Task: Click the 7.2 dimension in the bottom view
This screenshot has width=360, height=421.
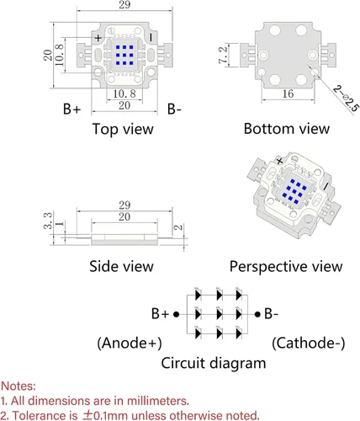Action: (x=223, y=55)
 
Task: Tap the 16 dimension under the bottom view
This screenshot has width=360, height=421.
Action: (x=288, y=93)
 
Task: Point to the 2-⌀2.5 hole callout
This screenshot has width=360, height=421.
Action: (x=347, y=99)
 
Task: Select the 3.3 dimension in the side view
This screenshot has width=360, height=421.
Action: (x=48, y=221)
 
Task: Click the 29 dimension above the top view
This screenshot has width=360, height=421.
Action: (x=124, y=5)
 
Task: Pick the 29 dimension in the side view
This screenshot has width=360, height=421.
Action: (x=124, y=205)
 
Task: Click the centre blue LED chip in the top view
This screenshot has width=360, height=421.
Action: (x=124, y=56)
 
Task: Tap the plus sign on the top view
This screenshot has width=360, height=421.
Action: (x=98, y=38)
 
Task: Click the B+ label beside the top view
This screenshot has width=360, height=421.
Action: (x=71, y=109)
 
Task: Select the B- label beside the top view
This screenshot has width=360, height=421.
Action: (x=174, y=109)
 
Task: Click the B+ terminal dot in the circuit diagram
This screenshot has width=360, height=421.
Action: (x=176, y=314)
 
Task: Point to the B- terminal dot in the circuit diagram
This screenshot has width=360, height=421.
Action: (x=257, y=314)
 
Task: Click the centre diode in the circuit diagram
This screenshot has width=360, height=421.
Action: (x=220, y=314)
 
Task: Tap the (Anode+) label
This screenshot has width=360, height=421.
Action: (x=130, y=343)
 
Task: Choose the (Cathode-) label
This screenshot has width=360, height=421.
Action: (x=309, y=343)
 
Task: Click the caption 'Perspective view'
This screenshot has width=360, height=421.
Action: (x=286, y=266)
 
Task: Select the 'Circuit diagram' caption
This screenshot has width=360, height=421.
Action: (x=214, y=363)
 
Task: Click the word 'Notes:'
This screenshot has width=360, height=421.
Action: (x=19, y=386)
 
